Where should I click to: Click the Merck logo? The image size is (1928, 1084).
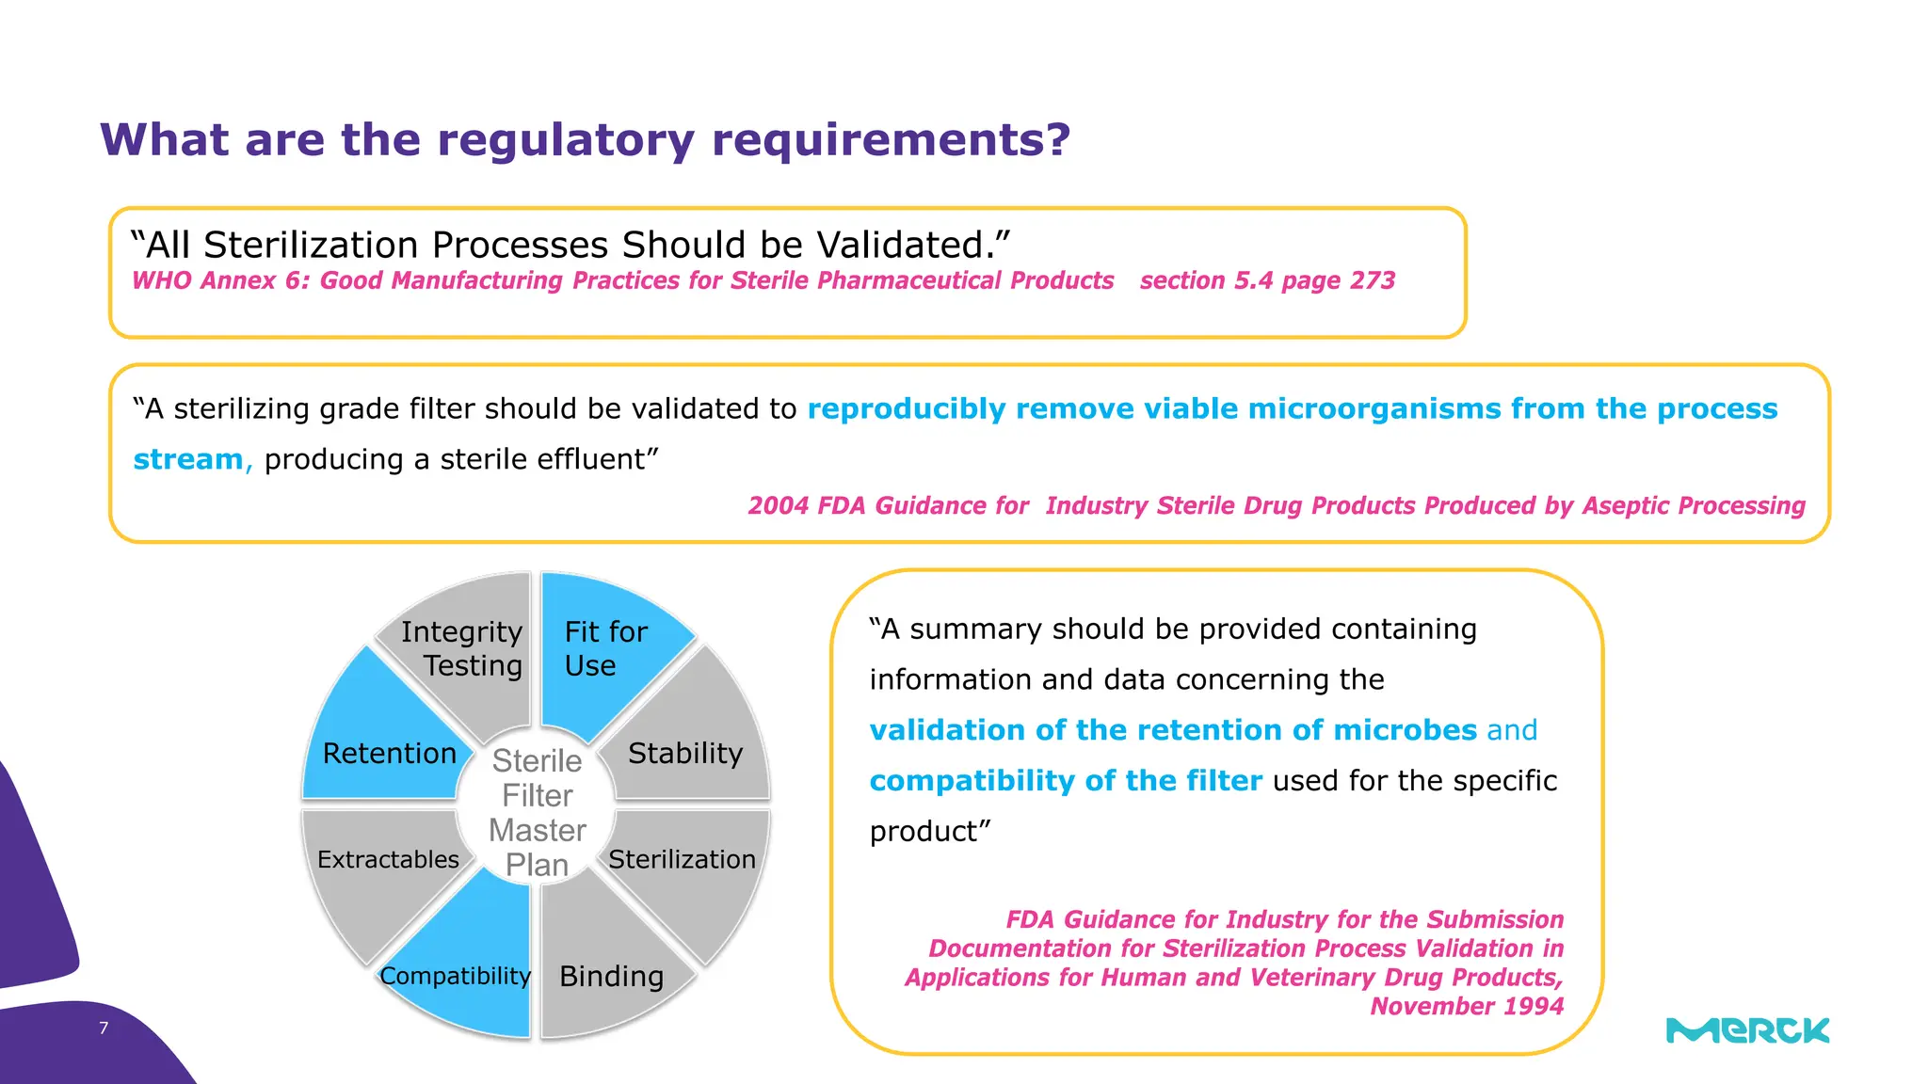pyautogui.click(x=1747, y=1031)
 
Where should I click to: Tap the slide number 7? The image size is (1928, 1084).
pyautogui.click(x=104, y=1028)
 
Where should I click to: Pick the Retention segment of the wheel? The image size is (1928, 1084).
pyautogui.click(x=389, y=753)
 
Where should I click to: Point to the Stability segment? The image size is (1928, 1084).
pyautogui.click(x=685, y=753)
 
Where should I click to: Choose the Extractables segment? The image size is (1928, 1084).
pyautogui.click(x=388, y=859)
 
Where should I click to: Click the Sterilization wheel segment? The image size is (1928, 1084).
pyautogui.click(x=683, y=859)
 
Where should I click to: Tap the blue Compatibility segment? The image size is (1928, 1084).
pyautogui.click(x=457, y=976)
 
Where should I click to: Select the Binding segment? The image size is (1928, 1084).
pyautogui.click(x=611, y=976)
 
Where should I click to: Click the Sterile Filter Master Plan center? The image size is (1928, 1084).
pyautogui.click(x=537, y=812)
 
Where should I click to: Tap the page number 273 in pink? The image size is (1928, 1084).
pyautogui.click(x=1372, y=280)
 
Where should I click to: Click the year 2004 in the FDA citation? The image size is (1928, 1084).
pyautogui.click(x=778, y=506)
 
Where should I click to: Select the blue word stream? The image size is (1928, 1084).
pyautogui.click(x=188, y=459)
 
